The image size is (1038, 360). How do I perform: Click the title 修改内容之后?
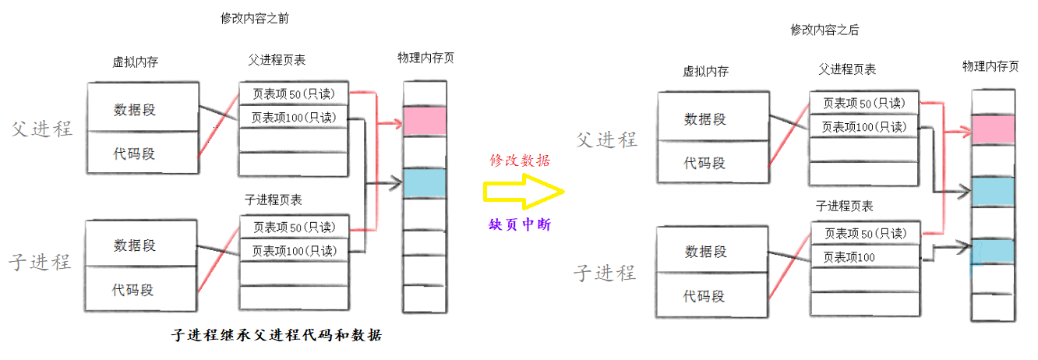click(x=824, y=30)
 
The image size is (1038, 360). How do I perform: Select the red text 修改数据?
click(x=520, y=161)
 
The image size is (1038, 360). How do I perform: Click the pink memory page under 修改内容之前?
click(x=424, y=120)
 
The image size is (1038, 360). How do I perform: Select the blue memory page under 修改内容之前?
click(x=424, y=182)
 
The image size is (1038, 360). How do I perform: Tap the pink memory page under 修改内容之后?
click(x=993, y=129)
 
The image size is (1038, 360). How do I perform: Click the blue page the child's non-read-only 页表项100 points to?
click(x=993, y=250)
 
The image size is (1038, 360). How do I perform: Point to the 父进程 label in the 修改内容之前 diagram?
click(x=42, y=129)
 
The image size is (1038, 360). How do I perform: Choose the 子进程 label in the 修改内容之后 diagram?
click(x=605, y=273)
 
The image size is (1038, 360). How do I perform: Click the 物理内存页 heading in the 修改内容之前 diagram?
click(x=425, y=58)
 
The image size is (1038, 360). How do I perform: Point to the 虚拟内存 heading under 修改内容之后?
click(x=705, y=71)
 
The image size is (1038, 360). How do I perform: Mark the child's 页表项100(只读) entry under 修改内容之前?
click(x=293, y=251)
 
